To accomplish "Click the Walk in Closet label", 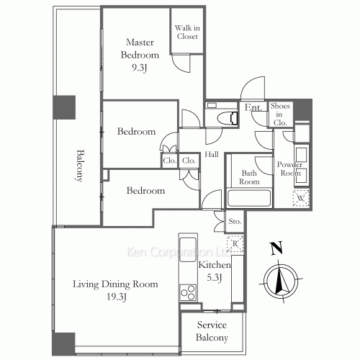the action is (187, 32).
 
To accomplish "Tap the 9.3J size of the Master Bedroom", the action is (139, 68).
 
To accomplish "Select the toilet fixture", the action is (228, 118).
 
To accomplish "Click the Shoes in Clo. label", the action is (280, 114).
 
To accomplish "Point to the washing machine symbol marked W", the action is (301, 198).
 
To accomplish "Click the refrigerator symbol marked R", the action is (235, 243).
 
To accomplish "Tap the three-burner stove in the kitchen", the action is (188, 292).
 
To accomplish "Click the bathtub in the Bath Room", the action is (249, 198).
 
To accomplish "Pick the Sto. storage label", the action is (235, 221).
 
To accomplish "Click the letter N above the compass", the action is (276, 248).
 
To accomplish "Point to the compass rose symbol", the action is (281, 282).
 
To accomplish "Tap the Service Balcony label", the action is (212, 331).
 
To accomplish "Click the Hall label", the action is (212, 154).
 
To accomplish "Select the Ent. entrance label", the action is (253, 107).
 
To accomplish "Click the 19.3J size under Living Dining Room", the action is (117, 297).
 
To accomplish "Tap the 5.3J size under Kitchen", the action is (215, 278).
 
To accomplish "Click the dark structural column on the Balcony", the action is (64, 107).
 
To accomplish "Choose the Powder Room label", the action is (290, 168).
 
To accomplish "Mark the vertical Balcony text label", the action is (81, 166).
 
